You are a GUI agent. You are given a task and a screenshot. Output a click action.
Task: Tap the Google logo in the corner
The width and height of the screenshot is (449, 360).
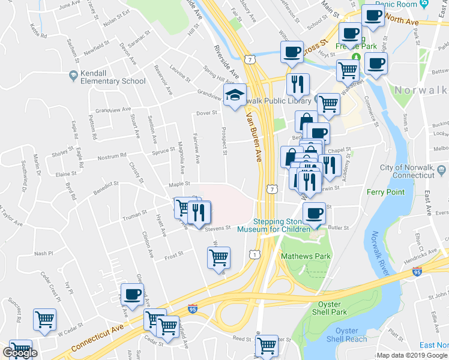tap(20, 353)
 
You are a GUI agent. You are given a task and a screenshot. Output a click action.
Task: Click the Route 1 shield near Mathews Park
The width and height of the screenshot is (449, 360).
tap(256, 255)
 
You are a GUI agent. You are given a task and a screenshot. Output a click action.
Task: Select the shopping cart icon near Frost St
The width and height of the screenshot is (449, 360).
tap(218, 258)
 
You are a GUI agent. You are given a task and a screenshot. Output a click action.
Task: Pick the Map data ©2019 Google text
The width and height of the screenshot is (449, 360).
tap(411, 355)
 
